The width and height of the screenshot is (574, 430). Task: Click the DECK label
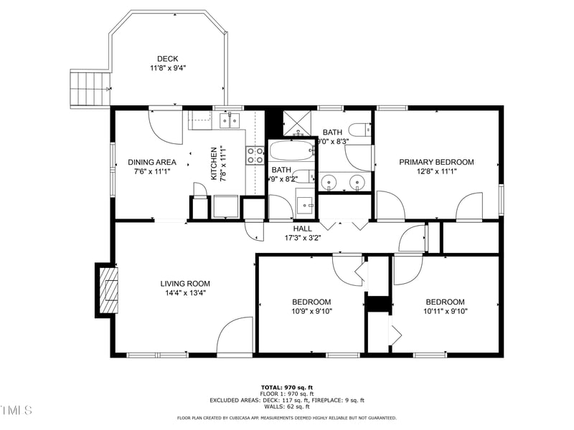tap(168, 59)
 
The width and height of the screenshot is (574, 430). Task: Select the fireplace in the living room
tap(108, 290)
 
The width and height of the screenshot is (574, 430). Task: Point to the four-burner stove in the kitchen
tap(255, 156)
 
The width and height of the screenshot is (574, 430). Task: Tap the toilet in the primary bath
tap(358, 130)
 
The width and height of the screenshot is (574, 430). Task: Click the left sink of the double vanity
tap(329, 183)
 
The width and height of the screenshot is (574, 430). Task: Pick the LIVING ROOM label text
tap(185, 283)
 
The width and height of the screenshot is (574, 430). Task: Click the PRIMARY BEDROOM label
tap(436, 162)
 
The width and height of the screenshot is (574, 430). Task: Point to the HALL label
tap(302, 229)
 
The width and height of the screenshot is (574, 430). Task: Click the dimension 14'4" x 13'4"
tap(185, 292)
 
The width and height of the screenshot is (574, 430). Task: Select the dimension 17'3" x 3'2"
tap(302, 237)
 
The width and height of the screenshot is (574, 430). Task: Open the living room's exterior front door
tap(235, 337)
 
